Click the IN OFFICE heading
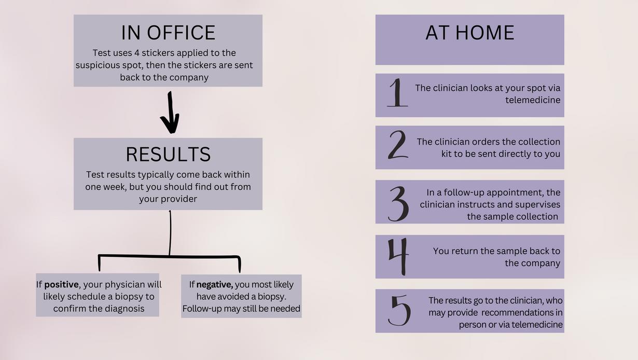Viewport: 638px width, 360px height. [x=168, y=33]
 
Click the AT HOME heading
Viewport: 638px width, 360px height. [x=469, y=33]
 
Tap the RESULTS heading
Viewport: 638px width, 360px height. [x=168, y=155]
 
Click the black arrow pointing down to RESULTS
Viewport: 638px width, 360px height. [x=170, y=113]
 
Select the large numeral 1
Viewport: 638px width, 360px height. [x=397, y=93]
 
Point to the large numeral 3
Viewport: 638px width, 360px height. [x=398, y=203]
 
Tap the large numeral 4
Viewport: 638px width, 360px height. [x=398, y=256]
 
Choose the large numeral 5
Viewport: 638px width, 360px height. [x=399, y=310]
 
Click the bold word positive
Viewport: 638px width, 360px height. [x=61, y=284]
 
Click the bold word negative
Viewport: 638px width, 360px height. [x=214, y=284]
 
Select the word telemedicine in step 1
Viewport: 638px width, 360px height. [x=533, y=100]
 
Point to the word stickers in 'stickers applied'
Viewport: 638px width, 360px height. [x=158, y=53]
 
